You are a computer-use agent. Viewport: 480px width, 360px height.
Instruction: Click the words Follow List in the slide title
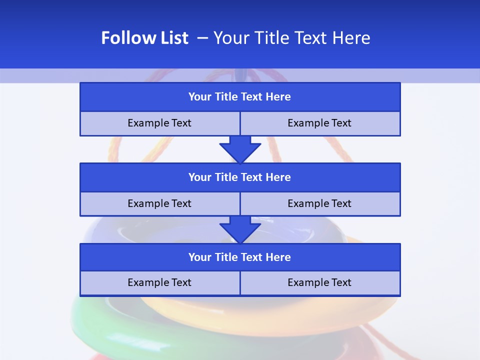point(144,38)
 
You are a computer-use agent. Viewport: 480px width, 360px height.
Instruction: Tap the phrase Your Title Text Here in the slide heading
point(291,38)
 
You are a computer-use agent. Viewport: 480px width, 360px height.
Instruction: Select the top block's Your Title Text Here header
point(239,97)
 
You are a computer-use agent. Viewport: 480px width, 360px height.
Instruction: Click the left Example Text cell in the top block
point(159,123)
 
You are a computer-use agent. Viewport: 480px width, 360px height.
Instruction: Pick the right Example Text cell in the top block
point(319,123)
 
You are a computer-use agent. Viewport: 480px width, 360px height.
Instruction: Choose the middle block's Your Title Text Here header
point(239,177)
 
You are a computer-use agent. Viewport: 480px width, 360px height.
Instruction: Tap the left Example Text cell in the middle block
point(159,203)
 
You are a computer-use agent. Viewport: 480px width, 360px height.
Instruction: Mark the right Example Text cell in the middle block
point(319,203)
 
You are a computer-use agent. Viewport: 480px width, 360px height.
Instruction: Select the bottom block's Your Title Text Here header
point(239,257)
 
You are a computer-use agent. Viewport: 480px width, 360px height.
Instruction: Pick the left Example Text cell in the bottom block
point(159,282)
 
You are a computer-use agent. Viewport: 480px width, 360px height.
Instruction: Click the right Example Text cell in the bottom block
point(319,282)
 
